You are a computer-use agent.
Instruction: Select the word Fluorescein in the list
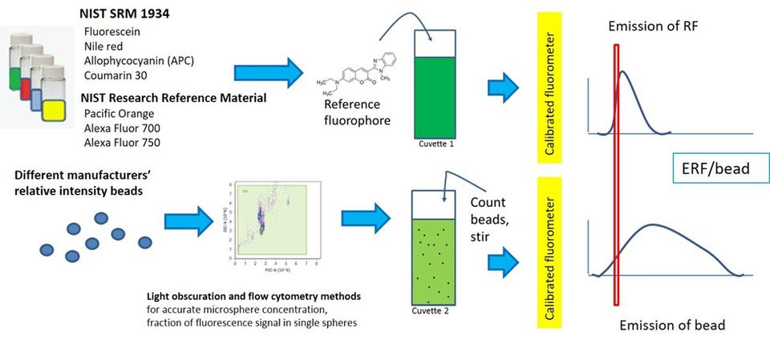pos(111,31)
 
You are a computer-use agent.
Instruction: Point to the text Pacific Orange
pos(119,114)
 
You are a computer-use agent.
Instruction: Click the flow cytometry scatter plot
pos(267,218)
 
